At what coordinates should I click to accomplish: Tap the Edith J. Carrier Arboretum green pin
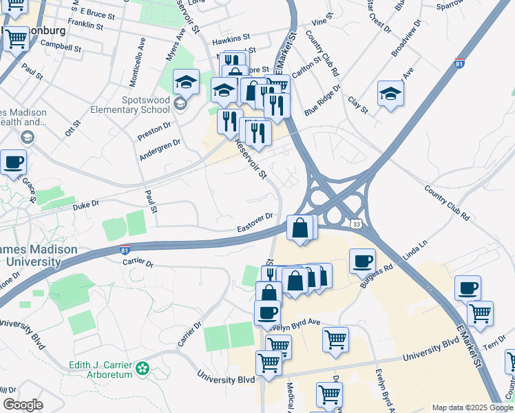click(x=143, y=368)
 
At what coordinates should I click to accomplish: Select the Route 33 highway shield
click(x=355, y=224)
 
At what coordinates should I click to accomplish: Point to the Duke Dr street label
click(x=86, y=204)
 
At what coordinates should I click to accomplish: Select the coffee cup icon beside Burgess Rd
click(x=362, y=261)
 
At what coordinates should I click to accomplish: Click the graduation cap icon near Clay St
click(x=390, y=94)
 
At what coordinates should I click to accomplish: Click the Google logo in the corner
click(x=23, y=405)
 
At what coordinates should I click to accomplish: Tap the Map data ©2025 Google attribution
click(x=472, y=407)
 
